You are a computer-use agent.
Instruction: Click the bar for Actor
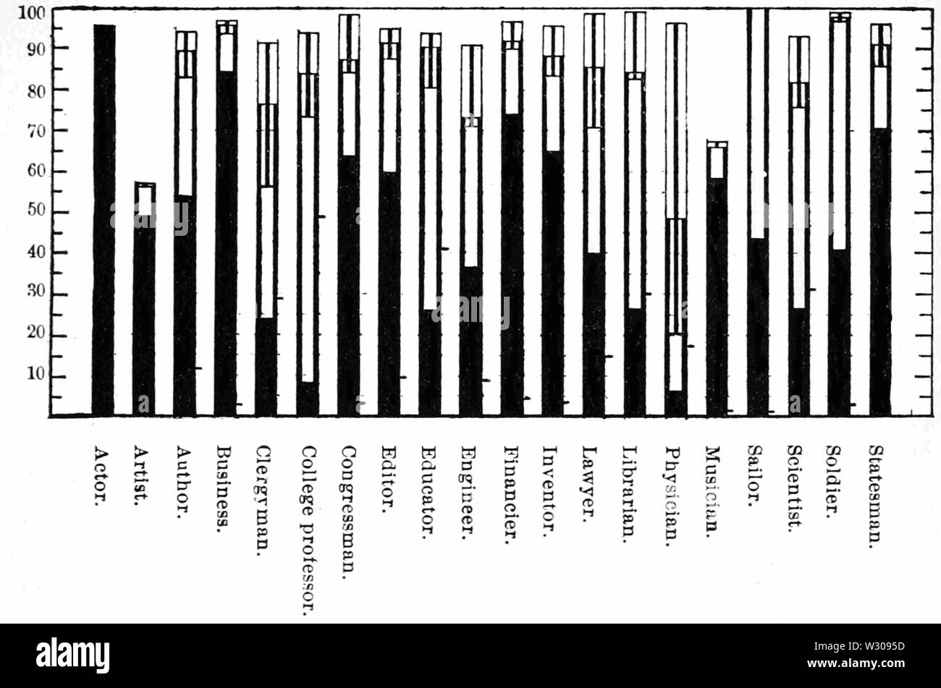pos(104,220)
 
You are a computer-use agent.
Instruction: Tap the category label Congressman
pos(348,511)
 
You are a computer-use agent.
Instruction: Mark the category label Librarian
pos(631,493)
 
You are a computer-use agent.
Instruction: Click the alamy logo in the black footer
pos(72,655)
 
